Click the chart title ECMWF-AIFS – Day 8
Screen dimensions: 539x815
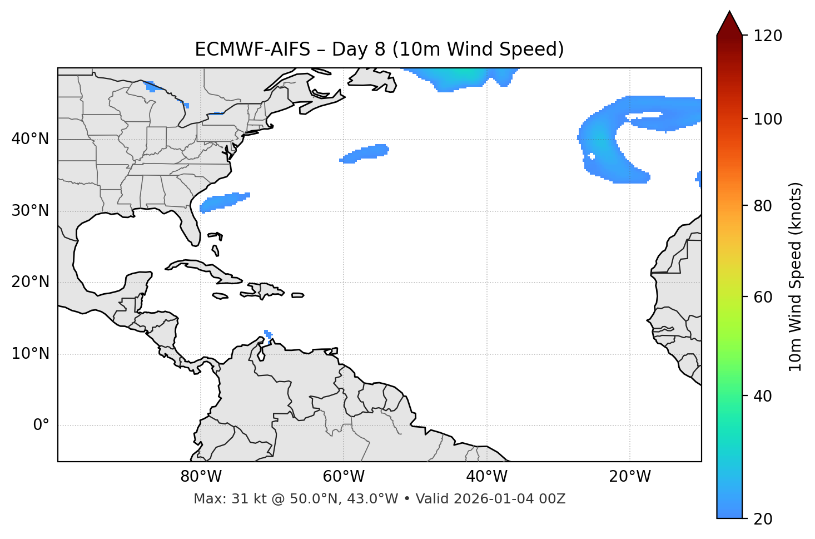click(379, 50)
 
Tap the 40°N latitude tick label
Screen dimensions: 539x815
click(30, 139)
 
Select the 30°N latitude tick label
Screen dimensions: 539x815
click(30, 211)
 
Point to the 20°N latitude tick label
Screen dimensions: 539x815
click(30, 282)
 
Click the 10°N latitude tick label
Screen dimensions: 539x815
click(30, 354)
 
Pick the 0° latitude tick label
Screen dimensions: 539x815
click(41, 426)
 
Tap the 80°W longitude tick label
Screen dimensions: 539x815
click(201, 477)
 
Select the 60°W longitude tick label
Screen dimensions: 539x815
click(344, 477)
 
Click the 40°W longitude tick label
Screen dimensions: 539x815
click(486, 477)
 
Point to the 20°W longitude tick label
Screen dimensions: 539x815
click(629, 477)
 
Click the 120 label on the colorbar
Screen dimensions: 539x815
click(768, 36)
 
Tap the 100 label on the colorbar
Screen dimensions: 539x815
click(768, 119)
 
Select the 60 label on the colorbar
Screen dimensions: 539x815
click(763, 297)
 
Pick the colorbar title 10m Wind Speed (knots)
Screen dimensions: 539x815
click(796, 276)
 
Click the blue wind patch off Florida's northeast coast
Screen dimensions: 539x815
click(224, 201)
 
